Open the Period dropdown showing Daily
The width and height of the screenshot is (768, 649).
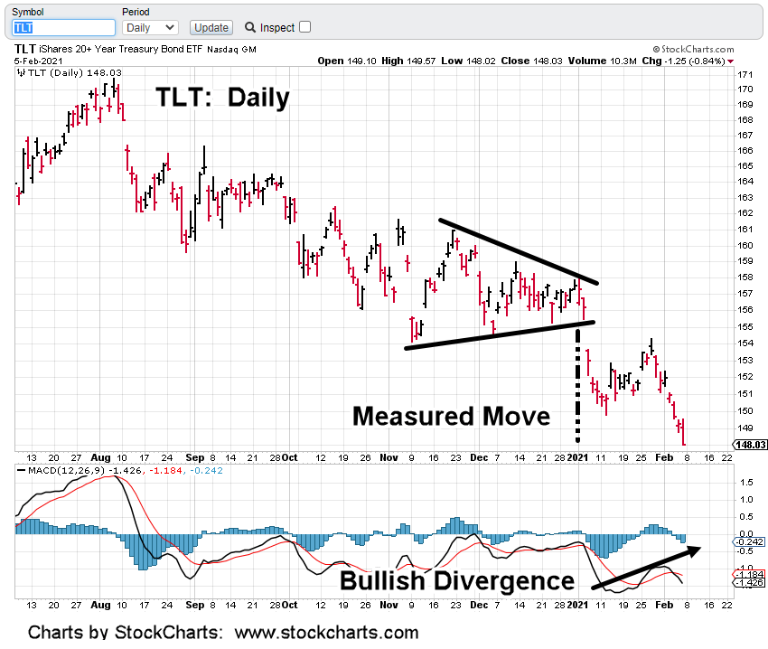[150, 27]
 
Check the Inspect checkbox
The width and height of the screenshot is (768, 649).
[304, 27]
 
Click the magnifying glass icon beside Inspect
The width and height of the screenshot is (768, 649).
[250, 27]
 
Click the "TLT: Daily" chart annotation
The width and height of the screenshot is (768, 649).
[222, 98]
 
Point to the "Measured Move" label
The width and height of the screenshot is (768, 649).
[451, 417]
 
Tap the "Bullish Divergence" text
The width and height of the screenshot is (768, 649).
[457, 580]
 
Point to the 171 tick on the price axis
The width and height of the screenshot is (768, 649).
[745, 74]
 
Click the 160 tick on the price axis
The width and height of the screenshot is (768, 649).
[745, 245]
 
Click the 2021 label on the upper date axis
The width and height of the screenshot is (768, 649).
[577, 457]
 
